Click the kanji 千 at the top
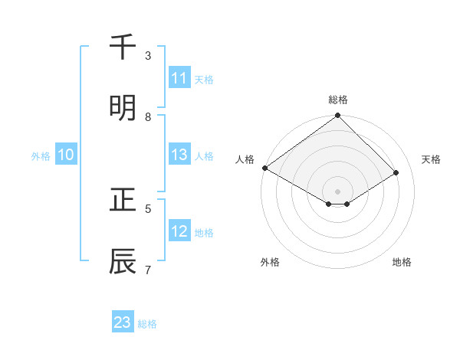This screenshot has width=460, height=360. click(123, 47)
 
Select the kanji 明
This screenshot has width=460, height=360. click(123, 108)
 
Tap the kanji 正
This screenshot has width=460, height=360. click(123, 200)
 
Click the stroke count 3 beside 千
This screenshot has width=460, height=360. click(148, 56)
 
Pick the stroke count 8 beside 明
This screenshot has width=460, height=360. click(148, 117)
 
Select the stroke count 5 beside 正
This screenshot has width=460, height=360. click(148, 208)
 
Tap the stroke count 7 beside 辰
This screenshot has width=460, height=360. click(148, 270)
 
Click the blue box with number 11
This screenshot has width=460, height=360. click(179, 78)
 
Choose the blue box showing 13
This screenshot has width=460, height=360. click(179, 155)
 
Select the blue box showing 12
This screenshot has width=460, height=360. click(179, 231)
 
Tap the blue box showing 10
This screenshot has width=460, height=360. click(66, 155)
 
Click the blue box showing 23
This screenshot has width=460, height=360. click(123, 322)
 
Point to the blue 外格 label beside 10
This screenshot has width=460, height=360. click(41, 155)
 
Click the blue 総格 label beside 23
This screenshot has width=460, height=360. click(147, 324)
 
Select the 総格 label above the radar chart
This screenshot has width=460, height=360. click(338, 100)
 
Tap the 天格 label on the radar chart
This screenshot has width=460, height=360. click(432, 159)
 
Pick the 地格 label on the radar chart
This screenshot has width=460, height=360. click(402, 263)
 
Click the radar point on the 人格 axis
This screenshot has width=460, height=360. click(264, 168)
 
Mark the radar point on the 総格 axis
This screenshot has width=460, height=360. click(338, 116)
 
